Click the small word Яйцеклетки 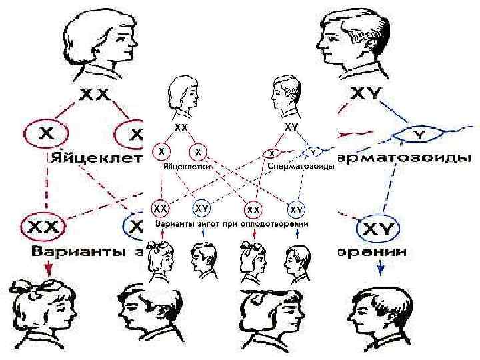coord(185,167)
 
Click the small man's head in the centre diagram coord(285,95)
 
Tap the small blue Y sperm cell coord(312,151)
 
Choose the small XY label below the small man coord(291,126)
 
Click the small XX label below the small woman coord(181,126)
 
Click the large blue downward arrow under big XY coord(381,267)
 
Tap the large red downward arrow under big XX coord(47,267)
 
